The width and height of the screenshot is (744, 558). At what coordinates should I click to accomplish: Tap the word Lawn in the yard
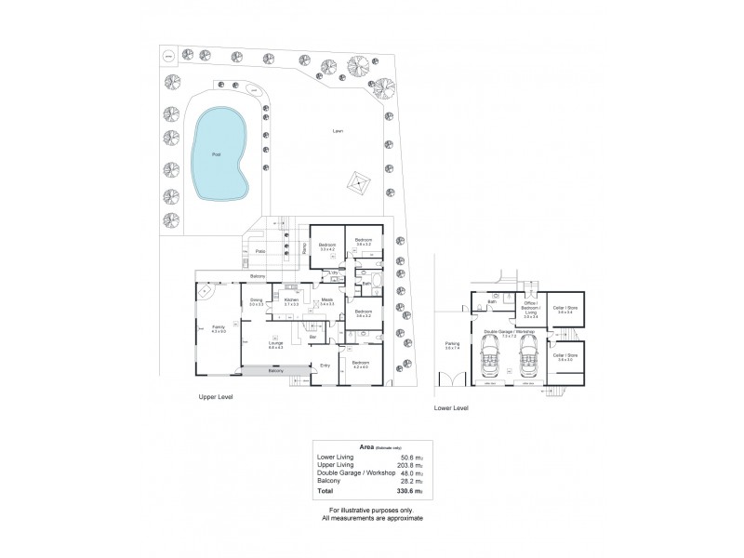click(338, 131)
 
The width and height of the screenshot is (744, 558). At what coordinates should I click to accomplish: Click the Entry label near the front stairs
click(325, 365)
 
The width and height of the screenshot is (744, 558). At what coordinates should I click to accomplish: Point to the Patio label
click(262, 252)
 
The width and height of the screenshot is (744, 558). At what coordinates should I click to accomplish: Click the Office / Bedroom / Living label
click(532, 308)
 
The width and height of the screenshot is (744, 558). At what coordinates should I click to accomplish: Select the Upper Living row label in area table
click(336, 464)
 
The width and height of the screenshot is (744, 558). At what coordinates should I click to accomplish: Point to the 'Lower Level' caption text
click(452, 406)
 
